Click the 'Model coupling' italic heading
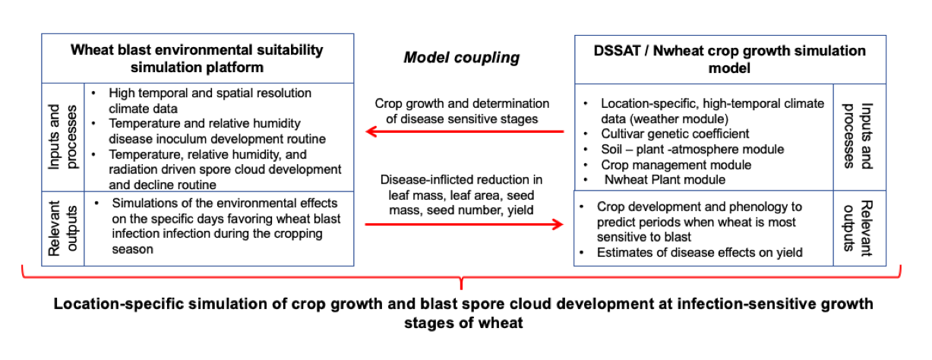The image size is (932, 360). tap(461, 58)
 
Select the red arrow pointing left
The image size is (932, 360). tap(464, 132)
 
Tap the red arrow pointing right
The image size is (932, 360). tap(464, 225)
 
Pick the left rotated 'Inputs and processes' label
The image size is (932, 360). tap(63, 137)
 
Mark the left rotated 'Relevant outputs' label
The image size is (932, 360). tap(63, 229)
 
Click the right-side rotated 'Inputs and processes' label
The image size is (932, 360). tap(858, 136)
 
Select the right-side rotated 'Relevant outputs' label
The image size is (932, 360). tap(858, 228)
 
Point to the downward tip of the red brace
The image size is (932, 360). tap(461, 289)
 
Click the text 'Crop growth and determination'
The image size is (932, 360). tap(462, 103)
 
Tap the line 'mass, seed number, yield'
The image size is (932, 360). tap(461, 210)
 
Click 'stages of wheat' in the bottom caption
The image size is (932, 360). tap(463, 323)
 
